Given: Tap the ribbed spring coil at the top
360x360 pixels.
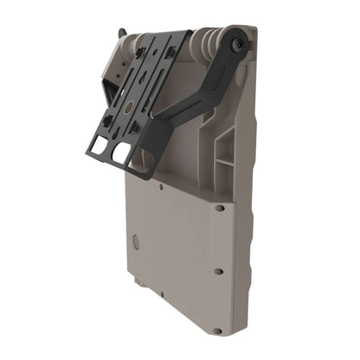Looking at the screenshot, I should click(205, 41).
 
